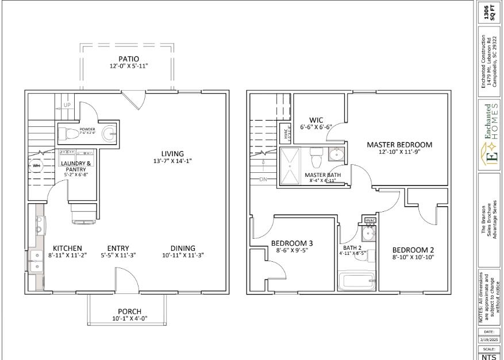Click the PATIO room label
click(128, 59)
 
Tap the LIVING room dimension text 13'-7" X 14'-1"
click(172, 161)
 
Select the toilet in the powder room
click(70, 134)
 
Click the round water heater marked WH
click(37, 165)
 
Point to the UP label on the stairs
click(66, 106)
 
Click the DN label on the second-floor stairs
click(263, 179)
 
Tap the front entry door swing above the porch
click(125, 279)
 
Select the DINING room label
click(183, 248)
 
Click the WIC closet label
click(316, 120)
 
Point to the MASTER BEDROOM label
click(399, 145)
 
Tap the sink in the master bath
click(336, 155)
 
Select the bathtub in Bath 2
click(355, 282)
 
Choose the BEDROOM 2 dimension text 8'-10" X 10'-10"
click(413, 258)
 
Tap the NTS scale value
click(488, 356)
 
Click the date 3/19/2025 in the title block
click(488, 340)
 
